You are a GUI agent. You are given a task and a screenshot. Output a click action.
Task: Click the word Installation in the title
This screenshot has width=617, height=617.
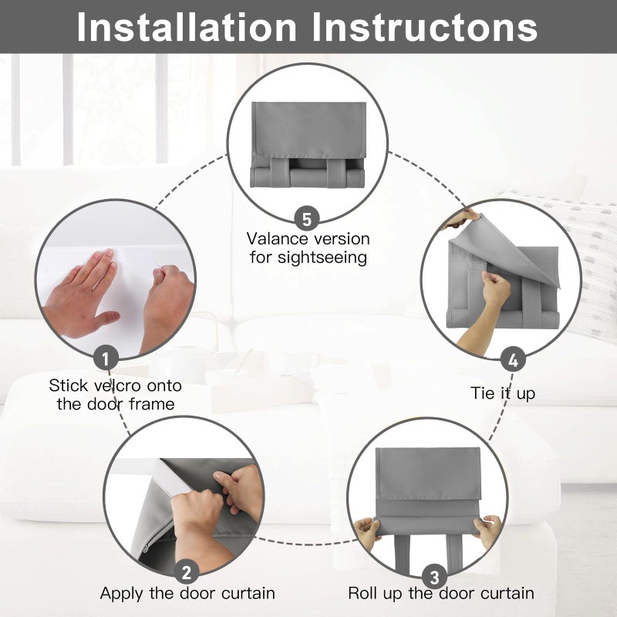coord(187,27)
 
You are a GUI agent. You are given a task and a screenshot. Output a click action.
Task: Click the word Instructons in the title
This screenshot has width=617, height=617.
coord(425,27)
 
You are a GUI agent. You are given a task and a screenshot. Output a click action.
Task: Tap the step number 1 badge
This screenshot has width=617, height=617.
coord(106,358)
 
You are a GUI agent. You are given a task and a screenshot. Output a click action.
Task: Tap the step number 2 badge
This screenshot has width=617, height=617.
coord(187,571)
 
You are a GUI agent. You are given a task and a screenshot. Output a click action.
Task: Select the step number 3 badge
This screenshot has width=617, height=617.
coord(434,577)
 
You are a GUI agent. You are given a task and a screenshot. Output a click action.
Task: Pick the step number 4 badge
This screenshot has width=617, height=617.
coord(513,359)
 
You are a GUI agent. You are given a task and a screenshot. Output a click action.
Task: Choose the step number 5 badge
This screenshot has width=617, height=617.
coord(307,218)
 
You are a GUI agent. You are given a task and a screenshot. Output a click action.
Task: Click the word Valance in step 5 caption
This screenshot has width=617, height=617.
coord(277,239)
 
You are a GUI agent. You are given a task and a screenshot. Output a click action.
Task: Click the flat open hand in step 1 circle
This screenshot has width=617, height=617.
coord(82,296)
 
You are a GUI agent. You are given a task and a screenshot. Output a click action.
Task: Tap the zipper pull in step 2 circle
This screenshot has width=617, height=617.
coord(146,548)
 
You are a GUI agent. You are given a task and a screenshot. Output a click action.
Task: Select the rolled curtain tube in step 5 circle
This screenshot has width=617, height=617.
coord(307,177)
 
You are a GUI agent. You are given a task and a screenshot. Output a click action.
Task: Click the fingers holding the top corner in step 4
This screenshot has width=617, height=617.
coord(464,218)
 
